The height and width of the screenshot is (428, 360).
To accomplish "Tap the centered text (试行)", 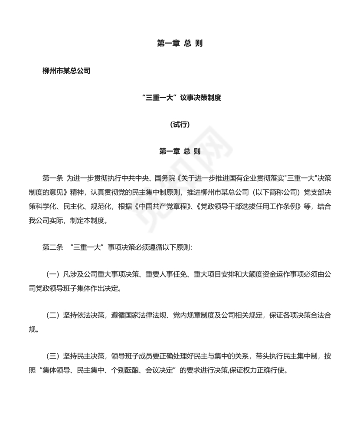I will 180,125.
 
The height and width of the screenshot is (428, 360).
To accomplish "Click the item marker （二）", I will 52,315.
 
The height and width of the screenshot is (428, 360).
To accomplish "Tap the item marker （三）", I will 52,356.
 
